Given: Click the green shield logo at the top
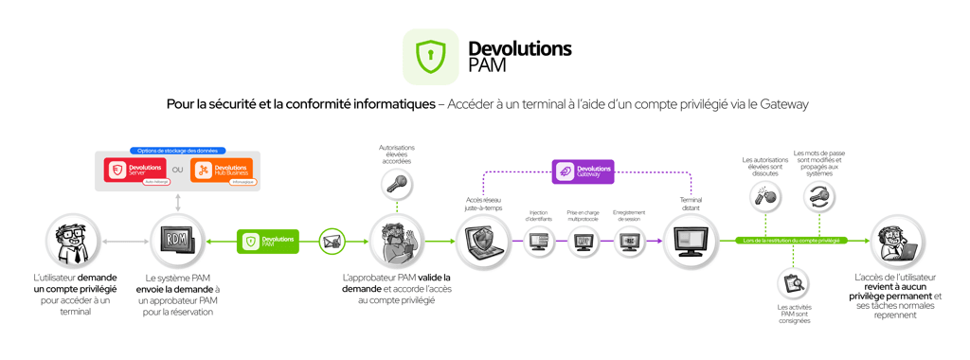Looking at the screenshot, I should [430, 57].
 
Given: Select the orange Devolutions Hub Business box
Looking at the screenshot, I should [222, 171].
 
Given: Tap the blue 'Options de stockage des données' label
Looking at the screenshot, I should [177, 151].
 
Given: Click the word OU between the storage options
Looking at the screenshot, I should [178, 171].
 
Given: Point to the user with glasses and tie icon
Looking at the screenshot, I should [73, 242].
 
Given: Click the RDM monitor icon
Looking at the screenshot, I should [177, 242].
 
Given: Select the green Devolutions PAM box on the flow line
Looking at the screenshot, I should [268, 242].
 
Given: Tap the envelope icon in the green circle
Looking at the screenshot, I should [332, 242].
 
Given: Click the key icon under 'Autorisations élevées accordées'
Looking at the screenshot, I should [397, 185].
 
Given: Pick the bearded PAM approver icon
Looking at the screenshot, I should [397, 242].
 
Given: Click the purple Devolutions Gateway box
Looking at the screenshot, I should [584, 171].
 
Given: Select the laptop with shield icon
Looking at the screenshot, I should [483, 242].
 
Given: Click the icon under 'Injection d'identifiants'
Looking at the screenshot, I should [539, 243].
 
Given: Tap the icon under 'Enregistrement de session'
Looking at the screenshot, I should [628, 243].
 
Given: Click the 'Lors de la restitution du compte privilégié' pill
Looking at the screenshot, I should [792, 241].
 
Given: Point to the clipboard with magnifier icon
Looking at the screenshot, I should [793, 283].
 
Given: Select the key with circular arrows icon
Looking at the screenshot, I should [819, 197].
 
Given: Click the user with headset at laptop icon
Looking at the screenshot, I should [896, 242].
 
